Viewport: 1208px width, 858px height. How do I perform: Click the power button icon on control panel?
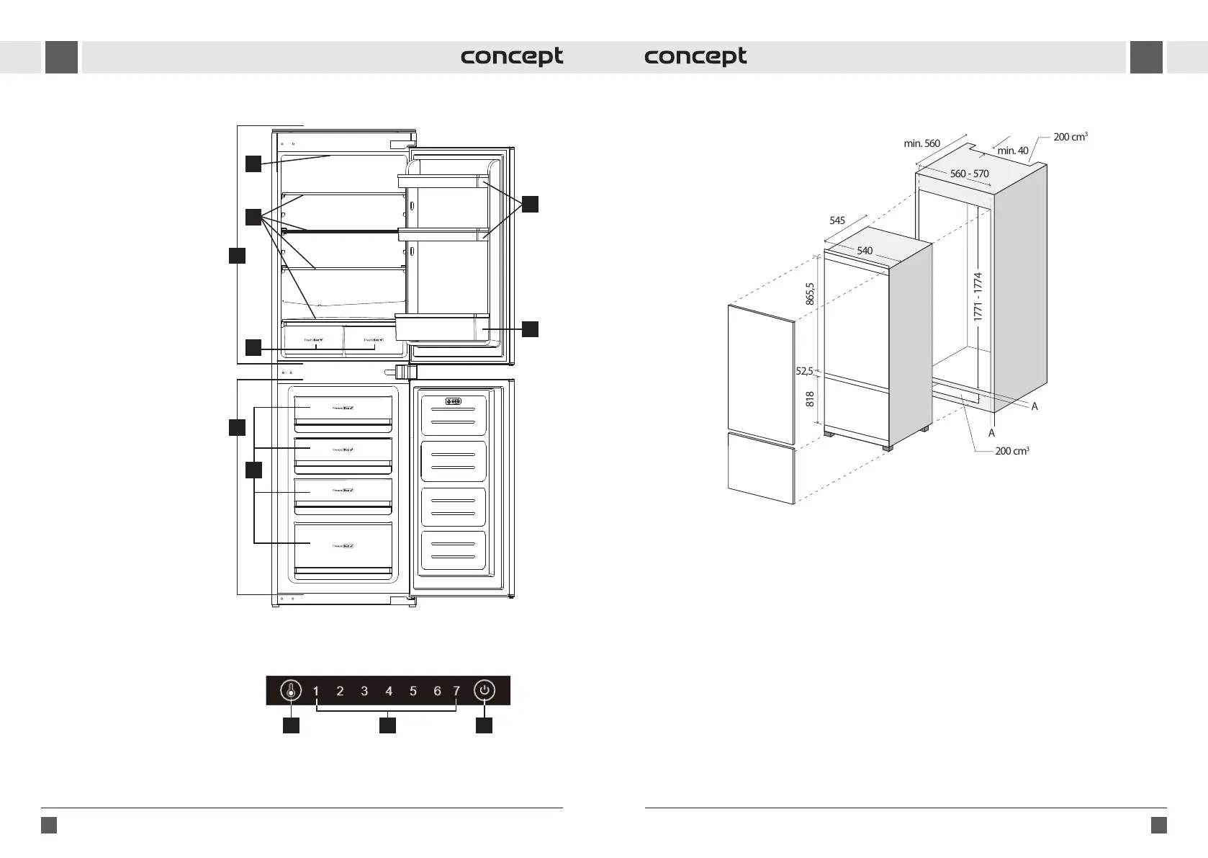coord(484,690)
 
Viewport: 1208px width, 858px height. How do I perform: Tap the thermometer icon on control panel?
coord(291,690)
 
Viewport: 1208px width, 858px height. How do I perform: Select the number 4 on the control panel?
coord(389,691)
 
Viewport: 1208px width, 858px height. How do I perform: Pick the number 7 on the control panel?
coord(456,691)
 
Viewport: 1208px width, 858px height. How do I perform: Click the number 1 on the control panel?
coord(316,691)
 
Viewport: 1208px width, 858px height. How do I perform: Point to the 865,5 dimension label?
coord(810,293)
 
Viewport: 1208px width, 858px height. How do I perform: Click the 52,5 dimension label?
coord(804,372)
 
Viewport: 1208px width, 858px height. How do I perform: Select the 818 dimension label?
coord(810,399)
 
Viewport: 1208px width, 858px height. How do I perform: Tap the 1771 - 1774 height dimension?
coord(978,296)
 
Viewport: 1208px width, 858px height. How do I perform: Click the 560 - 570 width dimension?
coord(969,174)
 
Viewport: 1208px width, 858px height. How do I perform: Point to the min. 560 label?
coord(921,143)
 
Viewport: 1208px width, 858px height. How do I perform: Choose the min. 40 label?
coord(1013,151)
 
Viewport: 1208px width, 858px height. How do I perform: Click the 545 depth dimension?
coord(837,220)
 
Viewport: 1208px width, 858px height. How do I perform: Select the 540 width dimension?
coord(865,251)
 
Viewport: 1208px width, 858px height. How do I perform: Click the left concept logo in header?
coord(512,57)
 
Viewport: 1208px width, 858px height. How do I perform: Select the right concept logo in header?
coord(695,57)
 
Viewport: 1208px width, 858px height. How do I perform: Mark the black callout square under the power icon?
coord(484,725)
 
